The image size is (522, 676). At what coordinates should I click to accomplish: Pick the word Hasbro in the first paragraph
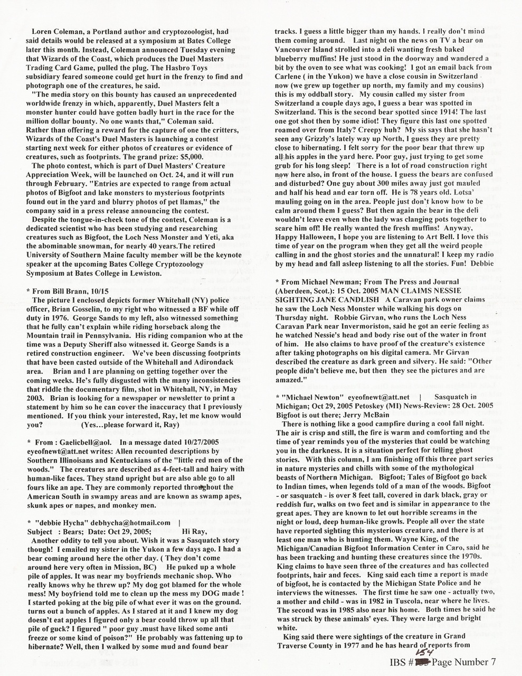tap(146, 68)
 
